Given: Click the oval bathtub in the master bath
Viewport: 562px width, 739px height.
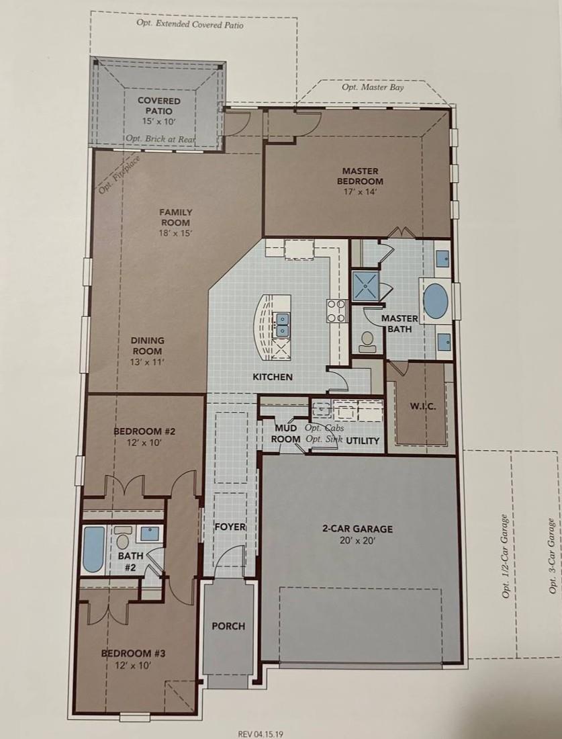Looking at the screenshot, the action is [436, 301].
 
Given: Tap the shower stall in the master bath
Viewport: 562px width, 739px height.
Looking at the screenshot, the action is [365, 286].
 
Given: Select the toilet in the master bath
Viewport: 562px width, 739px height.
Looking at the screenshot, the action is [367, 342].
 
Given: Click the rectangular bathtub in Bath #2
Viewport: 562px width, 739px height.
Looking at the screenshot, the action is [93, 550].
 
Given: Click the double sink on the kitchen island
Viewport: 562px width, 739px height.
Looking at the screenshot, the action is [282, 324].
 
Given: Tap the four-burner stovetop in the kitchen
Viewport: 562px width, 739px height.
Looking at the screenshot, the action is [337, 312].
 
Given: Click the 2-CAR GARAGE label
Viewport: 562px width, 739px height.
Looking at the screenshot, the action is [358, 529].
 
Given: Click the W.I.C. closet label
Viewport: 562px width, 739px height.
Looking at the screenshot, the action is [422, 406].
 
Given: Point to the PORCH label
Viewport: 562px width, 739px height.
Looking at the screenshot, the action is [228, 626].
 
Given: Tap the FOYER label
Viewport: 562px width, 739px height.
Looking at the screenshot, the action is [230, 527].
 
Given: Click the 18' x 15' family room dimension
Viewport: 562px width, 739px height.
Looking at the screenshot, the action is [176, 233].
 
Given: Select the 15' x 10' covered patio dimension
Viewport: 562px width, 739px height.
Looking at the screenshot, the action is [158, 121].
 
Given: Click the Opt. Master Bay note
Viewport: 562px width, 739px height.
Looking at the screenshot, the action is [373, 87].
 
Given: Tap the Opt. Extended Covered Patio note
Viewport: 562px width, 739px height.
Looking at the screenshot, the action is [190, 24].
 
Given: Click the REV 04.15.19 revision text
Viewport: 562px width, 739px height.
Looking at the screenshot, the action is [261, 734].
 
